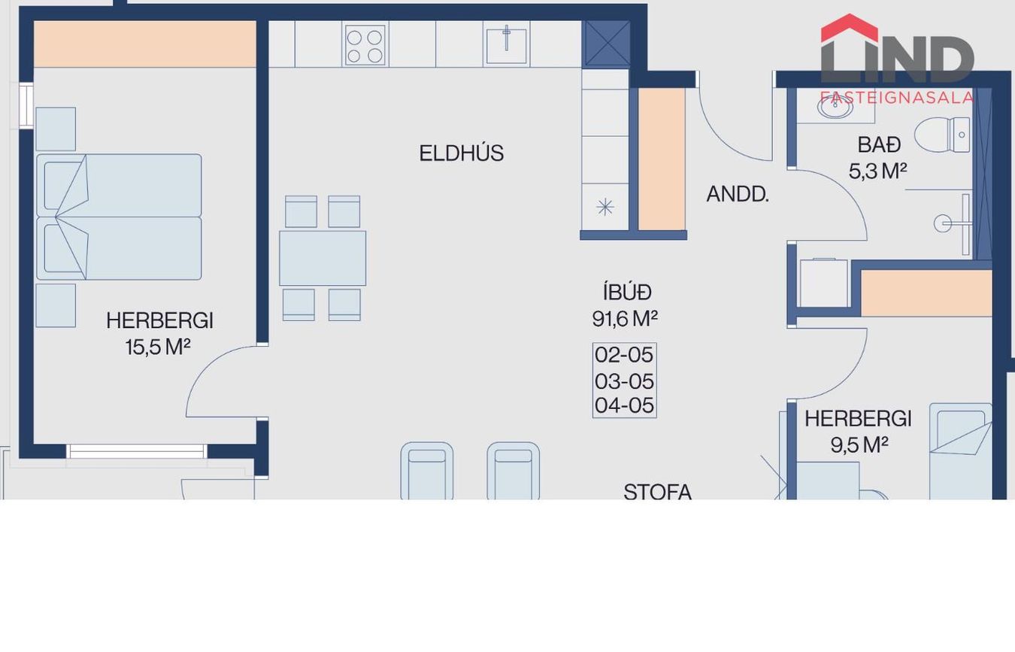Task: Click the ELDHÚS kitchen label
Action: [x=462, y=153]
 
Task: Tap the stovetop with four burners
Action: [x=365, y=44]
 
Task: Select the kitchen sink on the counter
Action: [x=506, y=44]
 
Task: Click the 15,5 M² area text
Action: [x=158, y=347]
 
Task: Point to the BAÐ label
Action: [x=879, y=144]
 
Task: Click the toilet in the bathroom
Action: [x=942, y=135]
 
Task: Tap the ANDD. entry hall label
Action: [x=738, y=194]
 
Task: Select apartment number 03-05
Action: [x=624, y=381]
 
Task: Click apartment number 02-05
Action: [x=624, y=355]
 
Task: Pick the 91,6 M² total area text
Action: [x=625, y=319]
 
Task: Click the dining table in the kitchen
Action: [x=323, y=258]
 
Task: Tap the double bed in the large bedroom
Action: [x=119, y=217]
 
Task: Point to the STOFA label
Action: [x=657, y=492]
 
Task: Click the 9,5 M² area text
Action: [x=859, y=445]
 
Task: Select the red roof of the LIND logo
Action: [x=850, y=28]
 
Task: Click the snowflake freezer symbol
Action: [x=605, y=208]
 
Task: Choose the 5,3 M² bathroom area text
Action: [x=877, y=171]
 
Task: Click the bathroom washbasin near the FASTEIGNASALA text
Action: [x=835, y=107]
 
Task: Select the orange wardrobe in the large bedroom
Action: [x=145, y=44]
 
